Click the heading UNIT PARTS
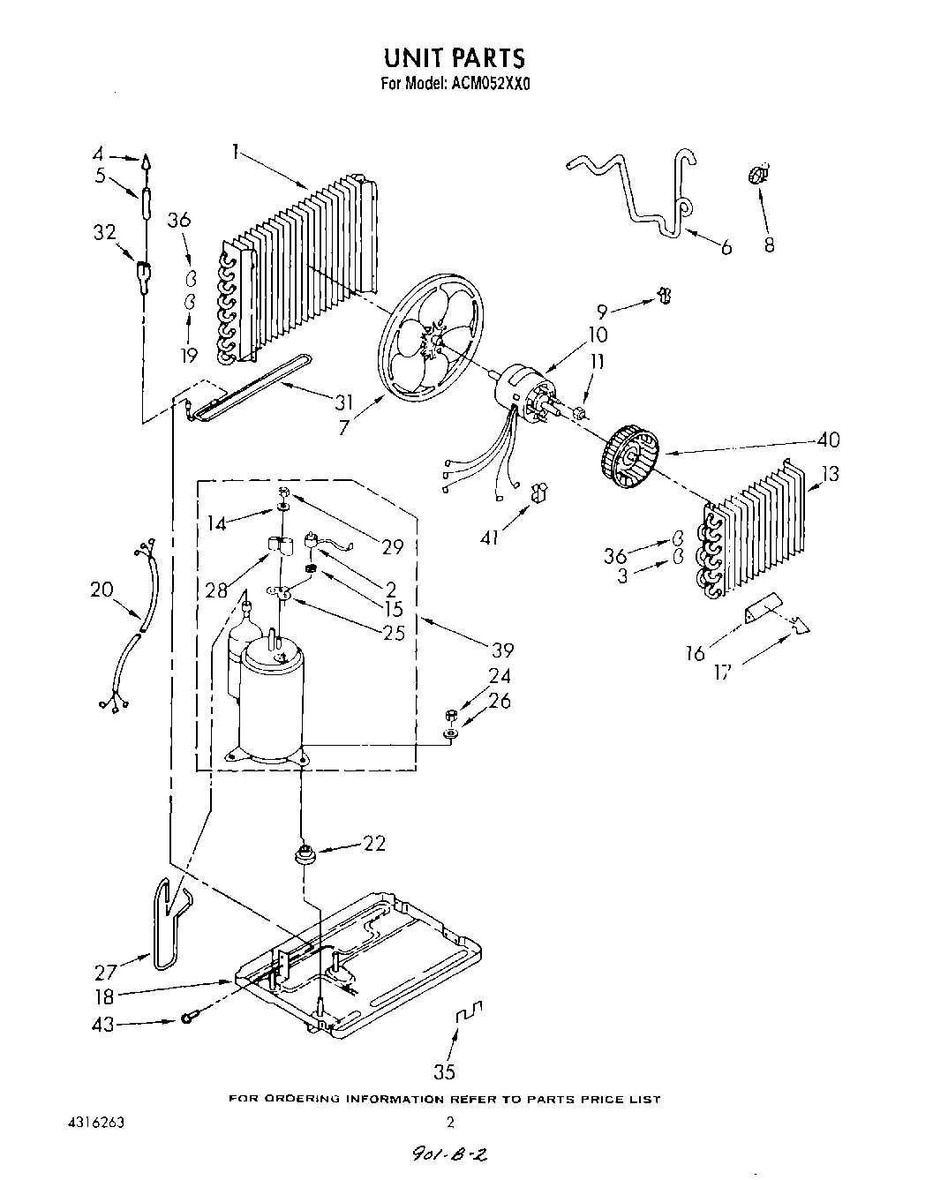(x=454, y=57)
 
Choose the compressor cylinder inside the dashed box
(x=272, y=697)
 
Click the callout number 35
(x=445, y=1071)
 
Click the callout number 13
(x=830, y=476)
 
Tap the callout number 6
(x=726, y=248)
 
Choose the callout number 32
(x=104, y=232)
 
